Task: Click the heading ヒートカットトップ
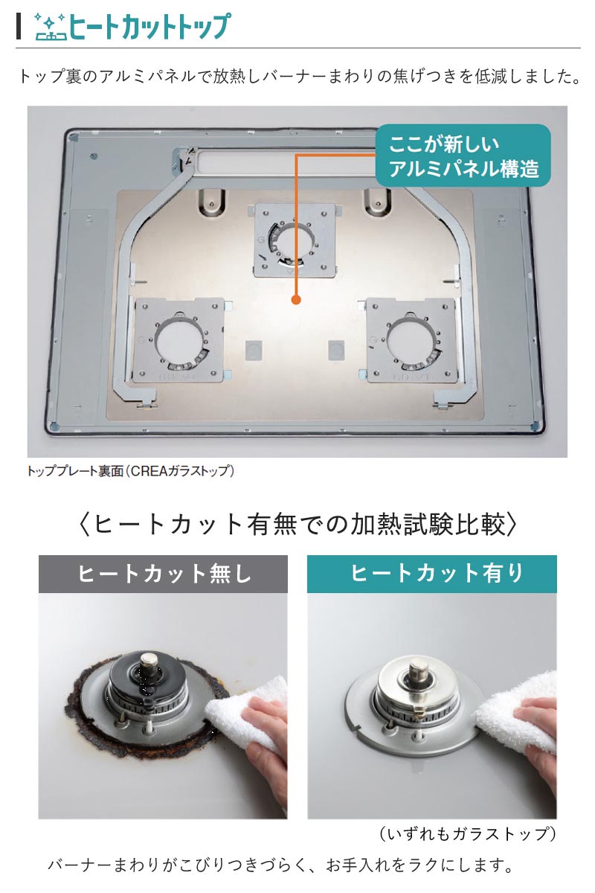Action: click(149, 27)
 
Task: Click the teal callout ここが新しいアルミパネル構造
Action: click(462, 156)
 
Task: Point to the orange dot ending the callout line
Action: click(296, 301)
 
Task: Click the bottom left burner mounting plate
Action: click(178, 339)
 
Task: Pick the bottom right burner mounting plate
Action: click(411, 339)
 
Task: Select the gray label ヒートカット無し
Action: click(163, 574)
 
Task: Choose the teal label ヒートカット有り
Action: click(431, 574)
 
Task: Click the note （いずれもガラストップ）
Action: click(467, 833)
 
